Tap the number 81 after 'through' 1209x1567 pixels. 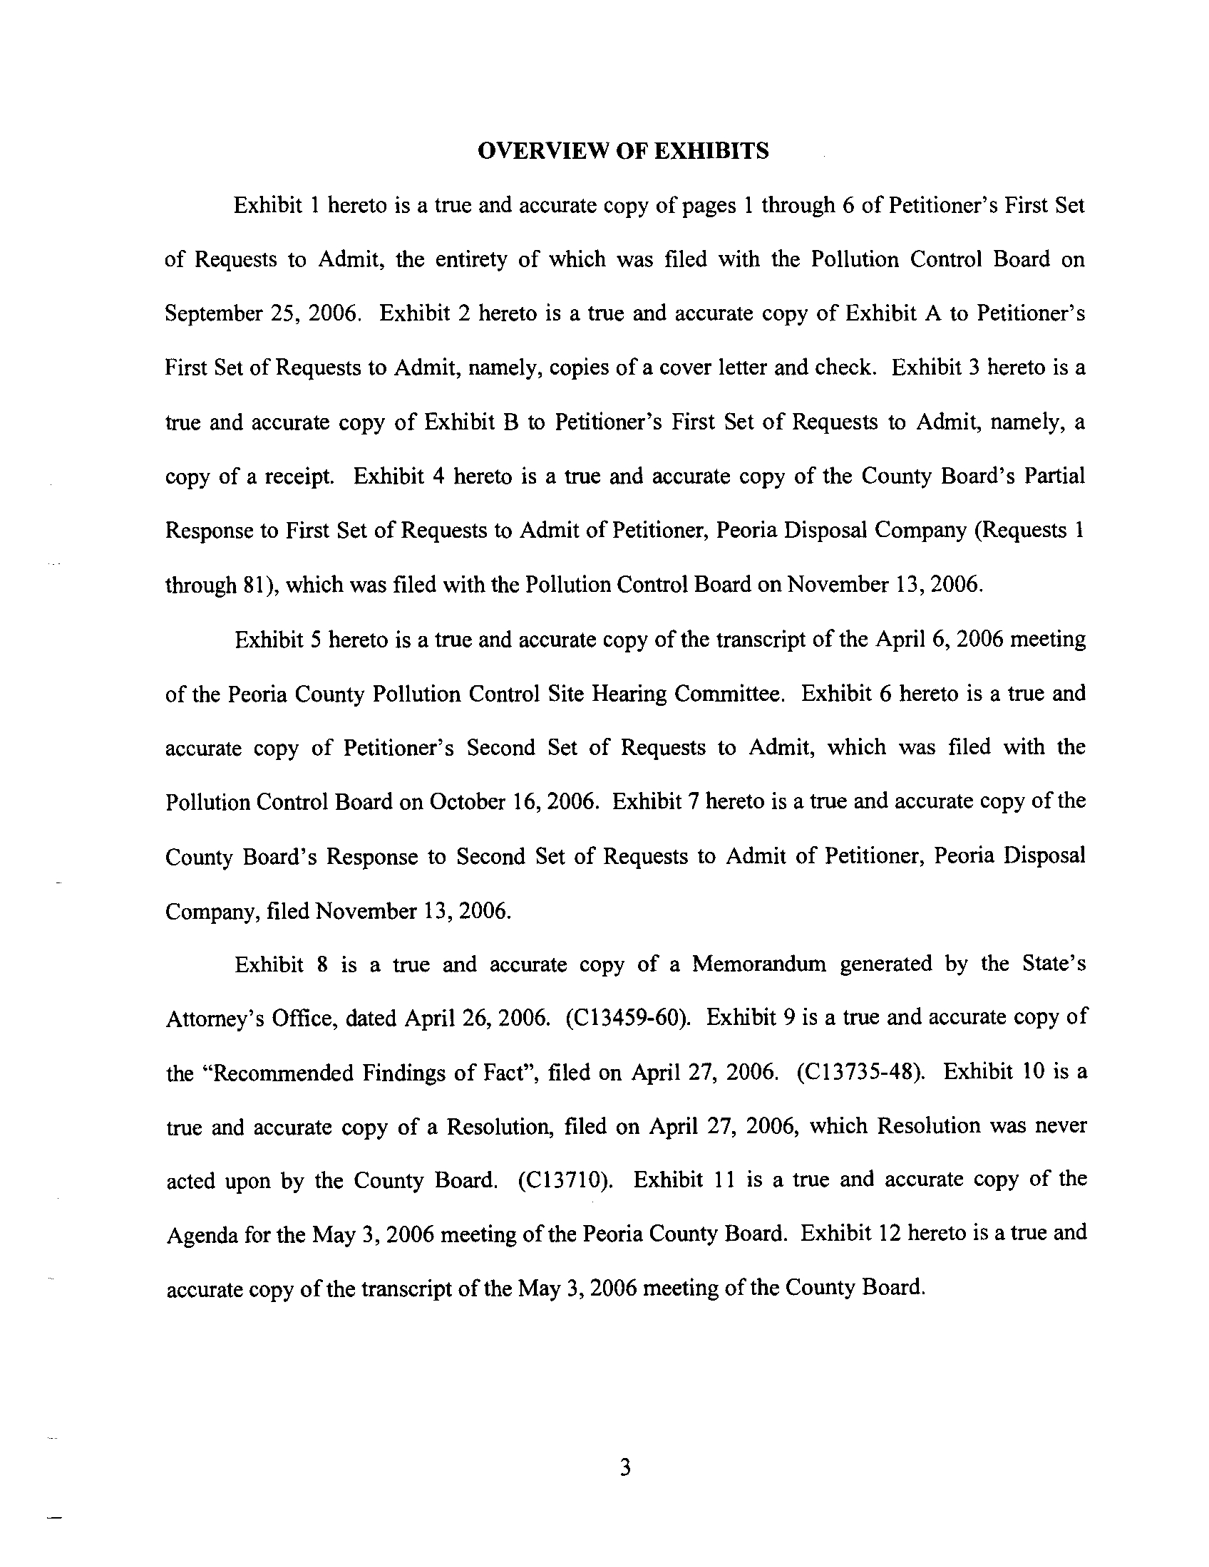pyautogui.click(x=254, y=585)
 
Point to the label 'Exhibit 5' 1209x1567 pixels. pyautogui.click(x=277, y=640)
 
